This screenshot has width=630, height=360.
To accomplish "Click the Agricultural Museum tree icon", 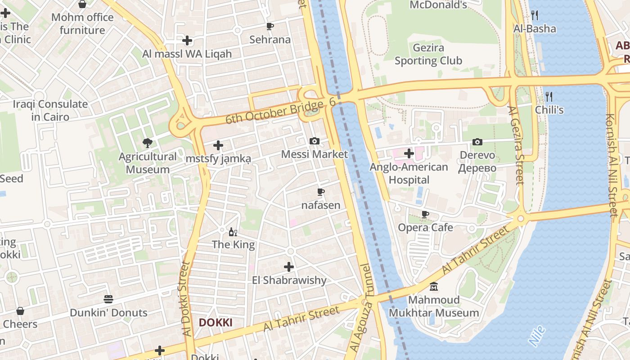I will point(147,144).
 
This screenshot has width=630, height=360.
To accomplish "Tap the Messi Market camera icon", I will point(315,141).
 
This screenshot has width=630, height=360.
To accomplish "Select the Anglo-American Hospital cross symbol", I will point(409,154).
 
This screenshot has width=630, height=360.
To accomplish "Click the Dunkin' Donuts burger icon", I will point(108,299).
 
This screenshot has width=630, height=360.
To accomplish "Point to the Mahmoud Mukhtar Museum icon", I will point(434,286).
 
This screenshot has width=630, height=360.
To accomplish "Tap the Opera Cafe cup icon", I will point(425,214).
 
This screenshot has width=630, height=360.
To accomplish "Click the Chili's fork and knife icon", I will point(549,96).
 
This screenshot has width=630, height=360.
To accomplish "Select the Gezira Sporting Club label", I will point(428,54).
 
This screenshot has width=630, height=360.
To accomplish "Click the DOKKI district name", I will point(216,323).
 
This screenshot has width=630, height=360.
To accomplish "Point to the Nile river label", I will point(537,336).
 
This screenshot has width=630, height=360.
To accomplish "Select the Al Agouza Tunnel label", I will point(361,308).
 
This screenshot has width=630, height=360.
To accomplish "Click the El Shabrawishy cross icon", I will point(289,267).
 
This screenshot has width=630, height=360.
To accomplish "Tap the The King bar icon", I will point(233,232).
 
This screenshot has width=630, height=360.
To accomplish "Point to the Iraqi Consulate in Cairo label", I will point(50,110).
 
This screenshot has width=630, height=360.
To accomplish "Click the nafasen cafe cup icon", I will point(321,192).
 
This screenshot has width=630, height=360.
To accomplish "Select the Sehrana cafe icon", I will point(270,26).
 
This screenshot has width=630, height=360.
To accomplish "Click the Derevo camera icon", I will point(477,142).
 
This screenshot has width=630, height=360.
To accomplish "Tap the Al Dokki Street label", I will point(186,299).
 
